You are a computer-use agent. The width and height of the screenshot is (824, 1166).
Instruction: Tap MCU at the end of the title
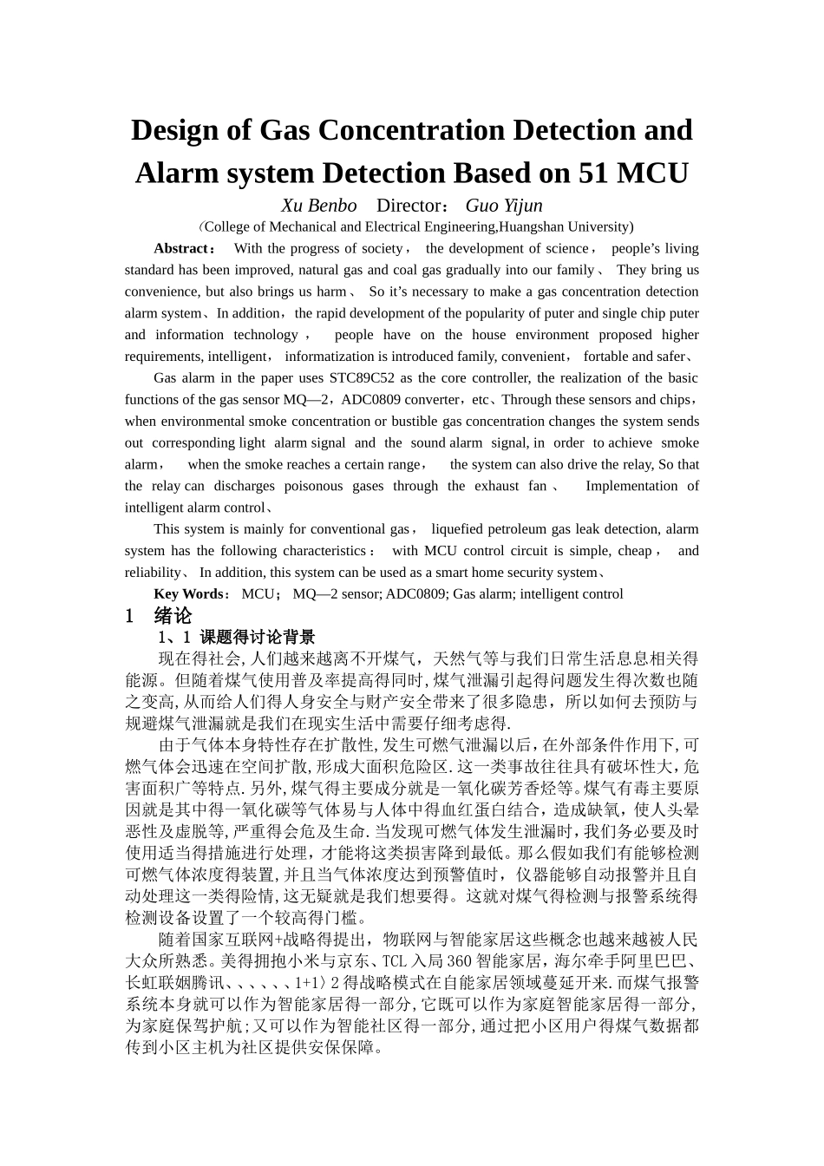(651, 174)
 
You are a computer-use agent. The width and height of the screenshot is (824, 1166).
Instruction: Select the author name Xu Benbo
(318, 206)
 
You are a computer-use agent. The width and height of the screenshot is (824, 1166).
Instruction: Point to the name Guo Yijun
(504, 206)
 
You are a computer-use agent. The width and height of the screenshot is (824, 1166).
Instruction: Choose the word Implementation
(636, 486)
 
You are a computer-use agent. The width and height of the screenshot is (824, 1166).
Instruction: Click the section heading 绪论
(173, 616)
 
